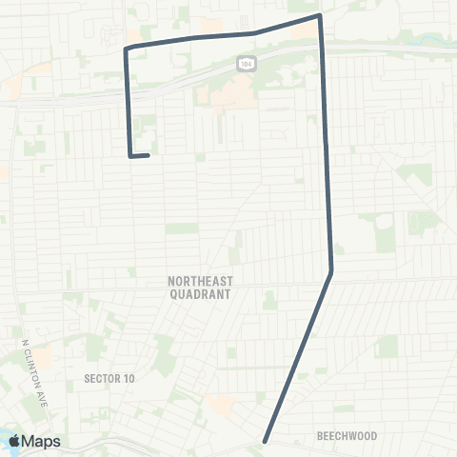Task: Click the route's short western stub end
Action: point(149,154)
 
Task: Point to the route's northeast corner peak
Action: point(319,15)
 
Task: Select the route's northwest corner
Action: point(126,47)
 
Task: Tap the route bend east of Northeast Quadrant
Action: point(331,273)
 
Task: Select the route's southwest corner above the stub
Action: point(129,155)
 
